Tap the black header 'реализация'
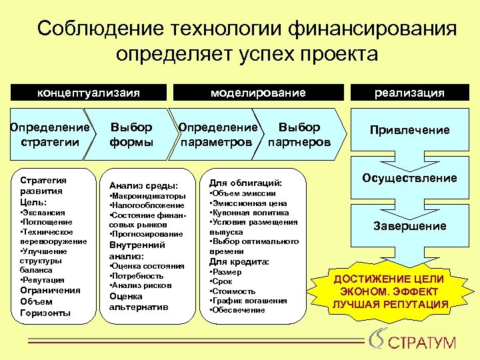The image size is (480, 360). (409, 93)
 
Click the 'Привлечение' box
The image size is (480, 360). (409, 131)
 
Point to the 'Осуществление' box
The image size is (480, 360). (409, 178)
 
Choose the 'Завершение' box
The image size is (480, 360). (409, 226)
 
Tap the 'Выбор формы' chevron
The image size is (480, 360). (131, 134)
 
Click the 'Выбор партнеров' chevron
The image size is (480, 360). (299, 134)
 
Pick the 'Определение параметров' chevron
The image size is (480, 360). (216, 134)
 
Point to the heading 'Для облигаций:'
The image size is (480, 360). (245, 182)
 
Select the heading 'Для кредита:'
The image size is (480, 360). (239, 262)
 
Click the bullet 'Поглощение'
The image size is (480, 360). (45, 221)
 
